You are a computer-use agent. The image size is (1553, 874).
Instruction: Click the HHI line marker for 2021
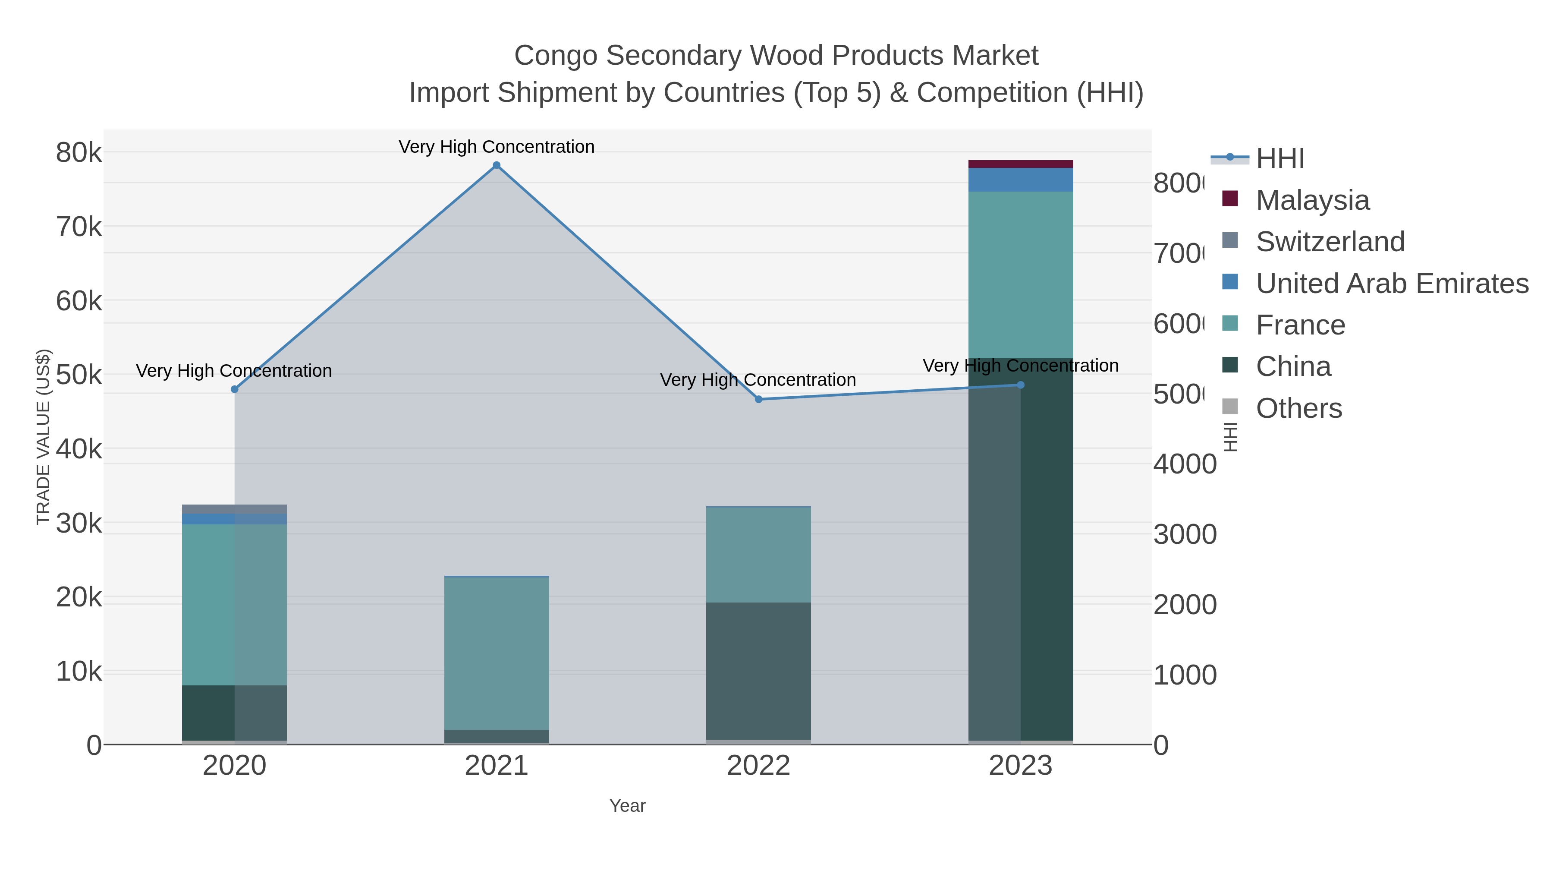[496, 165]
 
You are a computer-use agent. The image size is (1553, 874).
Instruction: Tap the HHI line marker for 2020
[235, 390]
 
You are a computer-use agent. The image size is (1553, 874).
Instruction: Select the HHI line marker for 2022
[758, 399]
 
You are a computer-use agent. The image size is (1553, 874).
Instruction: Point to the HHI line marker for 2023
[1021, 385]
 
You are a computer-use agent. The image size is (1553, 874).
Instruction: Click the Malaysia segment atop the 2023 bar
[1021, 164]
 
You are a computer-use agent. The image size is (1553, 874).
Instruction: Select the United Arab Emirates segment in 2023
[1021, 180]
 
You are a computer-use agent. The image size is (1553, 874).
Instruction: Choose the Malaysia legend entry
[1312, 200]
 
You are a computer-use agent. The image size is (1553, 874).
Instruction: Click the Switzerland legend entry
[1330, 242]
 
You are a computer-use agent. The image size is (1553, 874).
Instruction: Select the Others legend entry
[1298, 408]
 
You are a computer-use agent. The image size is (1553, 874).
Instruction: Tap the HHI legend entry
[1280, 159]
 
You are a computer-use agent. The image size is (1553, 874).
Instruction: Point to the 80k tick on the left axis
[79, 153]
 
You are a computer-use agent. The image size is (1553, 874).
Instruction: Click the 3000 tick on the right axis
[1185, 534]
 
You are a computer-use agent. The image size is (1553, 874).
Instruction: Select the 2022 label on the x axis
[758, 766]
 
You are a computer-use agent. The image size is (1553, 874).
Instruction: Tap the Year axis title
[627, 806]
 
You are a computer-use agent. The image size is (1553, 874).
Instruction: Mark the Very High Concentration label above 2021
[496, 147]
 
